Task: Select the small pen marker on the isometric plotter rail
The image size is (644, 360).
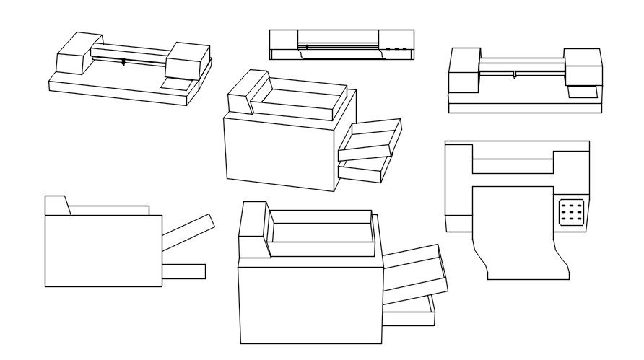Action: (123, 63)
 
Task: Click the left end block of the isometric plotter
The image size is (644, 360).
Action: (74, 53)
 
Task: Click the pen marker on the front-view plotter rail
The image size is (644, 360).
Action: (514, 74)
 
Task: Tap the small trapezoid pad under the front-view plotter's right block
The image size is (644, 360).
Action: (582, 92)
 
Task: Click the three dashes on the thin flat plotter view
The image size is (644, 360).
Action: (396, 50)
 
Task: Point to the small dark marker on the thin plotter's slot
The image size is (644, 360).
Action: (307, 47)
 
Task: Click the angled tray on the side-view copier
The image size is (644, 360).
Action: (188, 232)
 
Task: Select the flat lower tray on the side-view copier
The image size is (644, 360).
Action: (183, 271)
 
